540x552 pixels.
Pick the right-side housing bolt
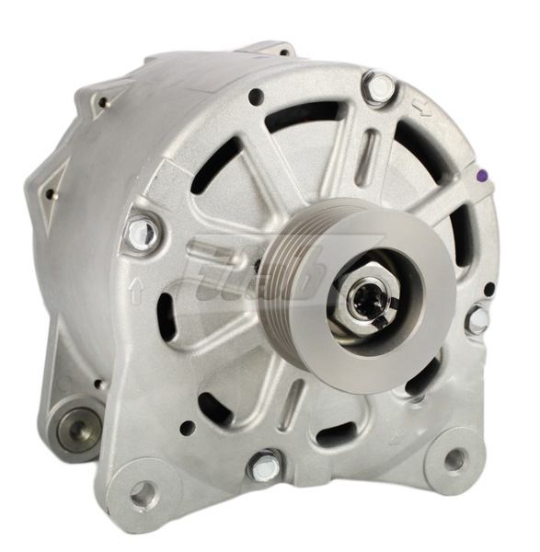[477, 320]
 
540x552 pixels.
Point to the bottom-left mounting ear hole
[143, 494]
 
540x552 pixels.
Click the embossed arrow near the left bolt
[136, 293]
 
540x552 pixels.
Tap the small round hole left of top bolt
[256, 95]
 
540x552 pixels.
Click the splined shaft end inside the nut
[367, 302]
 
